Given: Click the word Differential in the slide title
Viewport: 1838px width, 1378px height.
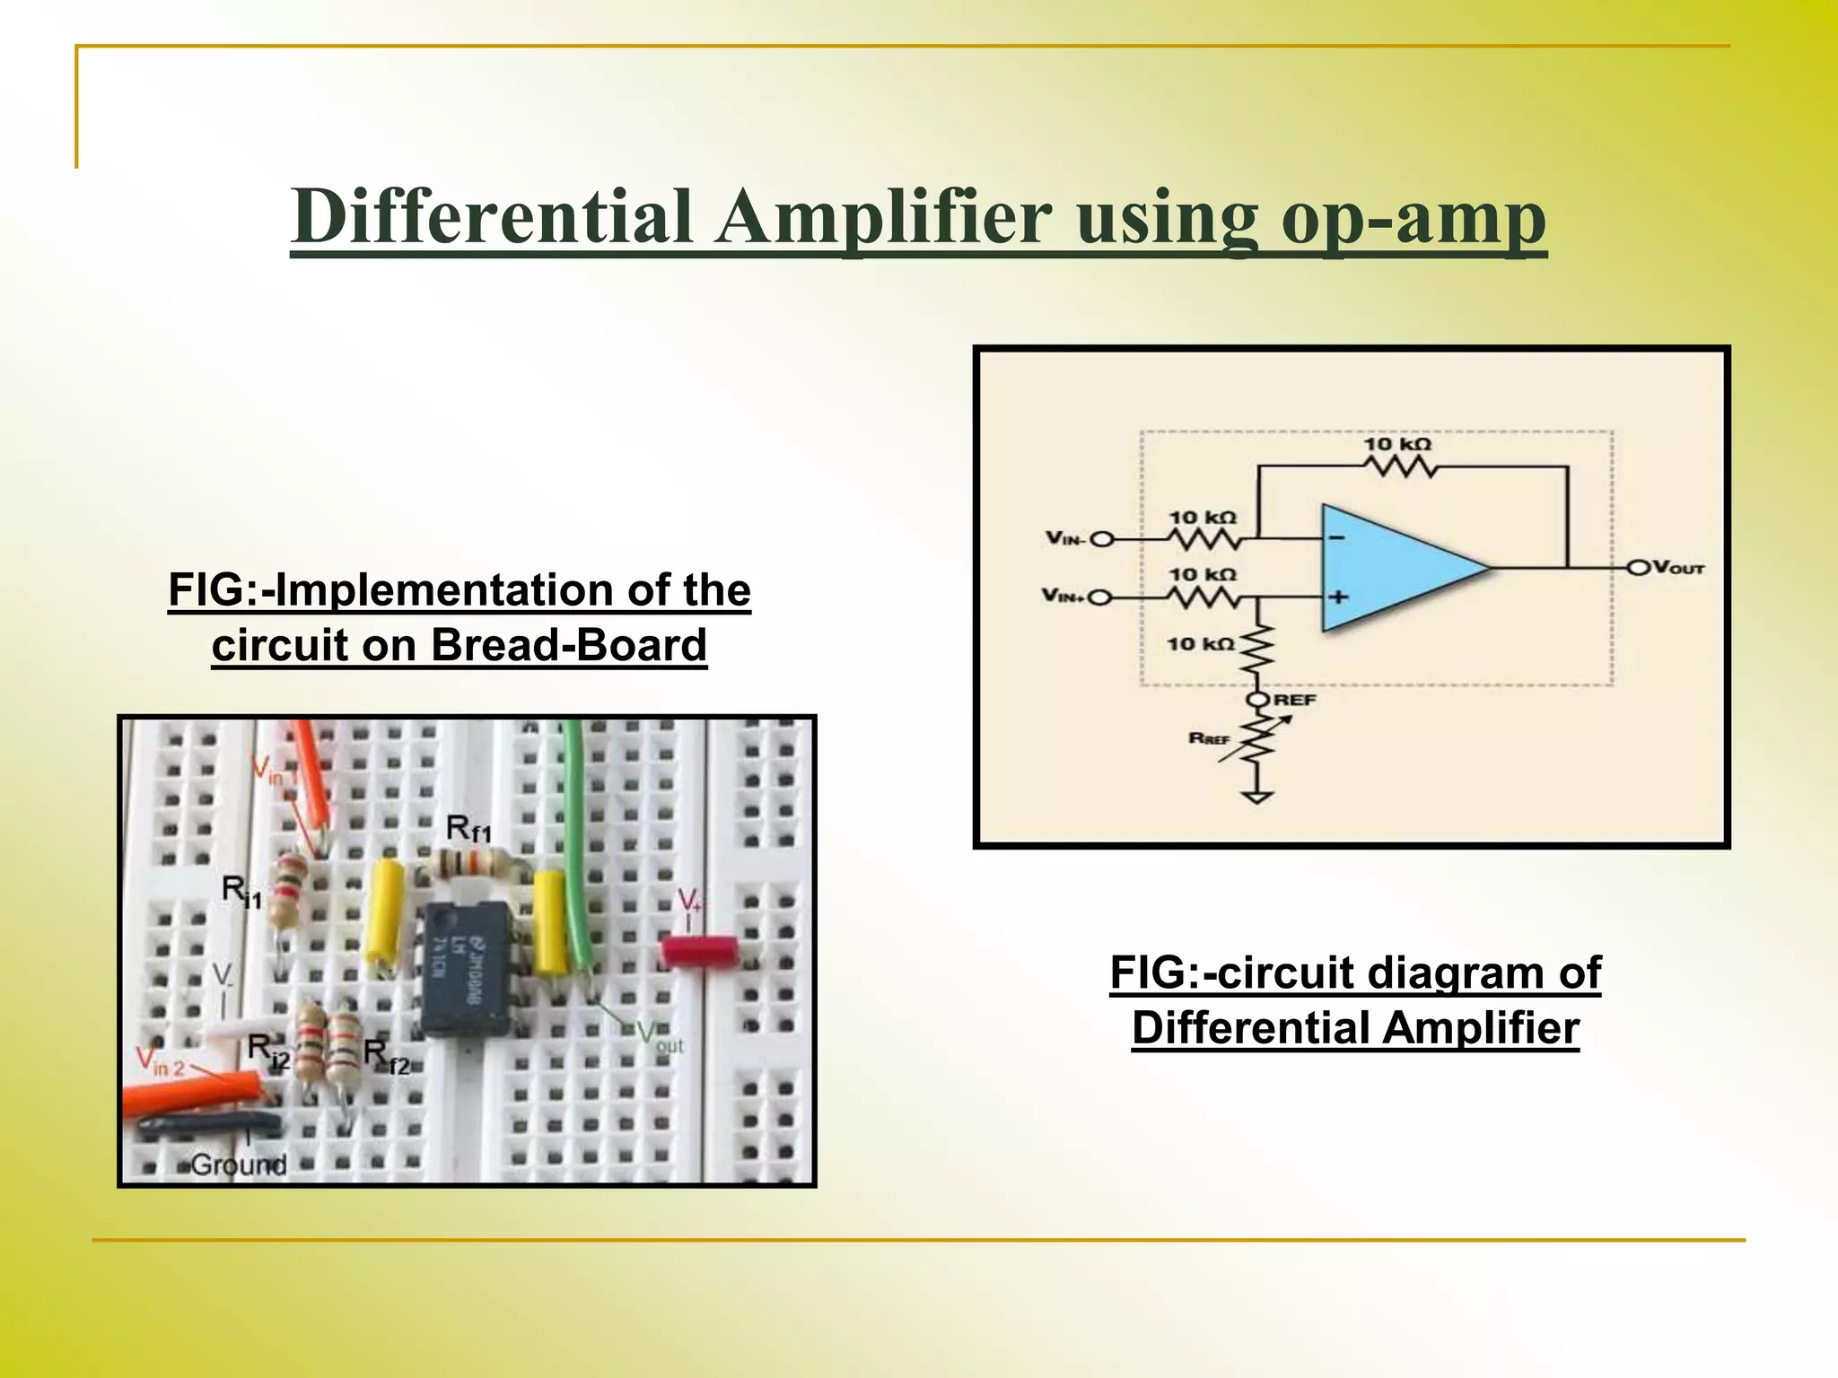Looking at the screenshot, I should (492, 218).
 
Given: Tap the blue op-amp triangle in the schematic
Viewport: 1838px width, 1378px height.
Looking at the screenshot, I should (1391, 567).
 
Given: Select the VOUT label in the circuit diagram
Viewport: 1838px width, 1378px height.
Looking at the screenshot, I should (1677, 568).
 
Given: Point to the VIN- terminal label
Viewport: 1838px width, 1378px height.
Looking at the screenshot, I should (1065, 538).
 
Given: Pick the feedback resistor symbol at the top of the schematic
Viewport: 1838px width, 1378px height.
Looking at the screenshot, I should (1399, 467).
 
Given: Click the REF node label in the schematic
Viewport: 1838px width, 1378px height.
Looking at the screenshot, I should (1294, 699).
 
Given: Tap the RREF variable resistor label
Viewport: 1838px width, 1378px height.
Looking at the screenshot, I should (1209, 738).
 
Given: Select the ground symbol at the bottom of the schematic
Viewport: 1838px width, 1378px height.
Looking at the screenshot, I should (1258, 797).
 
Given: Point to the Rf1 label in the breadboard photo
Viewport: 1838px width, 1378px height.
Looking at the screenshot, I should (468, 828).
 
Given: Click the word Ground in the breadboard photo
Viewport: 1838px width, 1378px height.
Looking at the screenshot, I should (239, 1164).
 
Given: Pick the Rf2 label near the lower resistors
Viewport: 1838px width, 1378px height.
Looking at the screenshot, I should (387, 1056).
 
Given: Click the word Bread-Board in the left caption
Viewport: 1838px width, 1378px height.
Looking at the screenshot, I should (569, 645).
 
